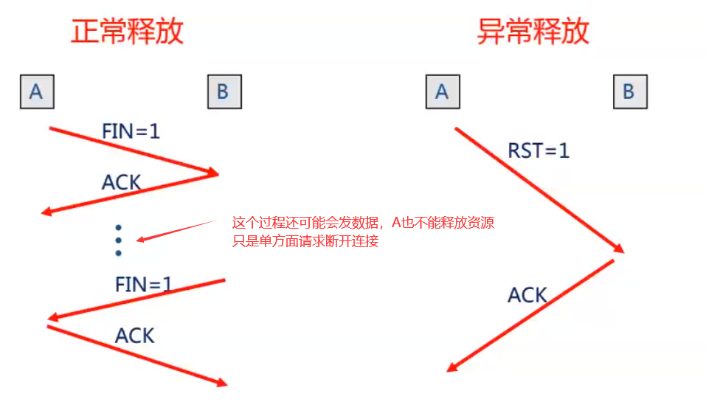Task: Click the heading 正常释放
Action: pyautogui.click(x=127, y=32)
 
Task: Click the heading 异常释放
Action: pyautogui.click(x=533, y=32)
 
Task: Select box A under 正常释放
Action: pyautogui.click(x=36, y=91)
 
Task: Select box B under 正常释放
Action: pyautogui.click(x=224, y=92)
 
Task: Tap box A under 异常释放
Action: pyautogui.click(x=442, y=91)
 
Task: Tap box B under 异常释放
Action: pyautogui.click(x=629, y=92)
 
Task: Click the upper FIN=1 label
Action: pyautogui.click(x=131, y=131)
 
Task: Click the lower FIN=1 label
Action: pyautogui.click(x=144, y=284)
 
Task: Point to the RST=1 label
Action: pyautogui.click(x=539, y=151)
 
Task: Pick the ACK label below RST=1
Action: pyautogui.click(x=527, y=296)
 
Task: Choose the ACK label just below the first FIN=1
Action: pyautogui.click(x=121, y=181)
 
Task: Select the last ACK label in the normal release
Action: pyautogui.click(x=135, y=336)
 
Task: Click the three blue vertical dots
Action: pyautogui.click(x=118, y=240)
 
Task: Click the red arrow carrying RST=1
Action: pyautogui.click(x=539, y=190)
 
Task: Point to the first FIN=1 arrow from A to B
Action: pyautogui.click(x=133, y=150)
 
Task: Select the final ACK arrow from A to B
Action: pyautogui.click(x=136, y=355)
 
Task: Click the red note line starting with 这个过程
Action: pyautogui.click(x=373, y=223)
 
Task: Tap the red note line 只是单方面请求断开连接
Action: pyautogui.click(x=305, y=241)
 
